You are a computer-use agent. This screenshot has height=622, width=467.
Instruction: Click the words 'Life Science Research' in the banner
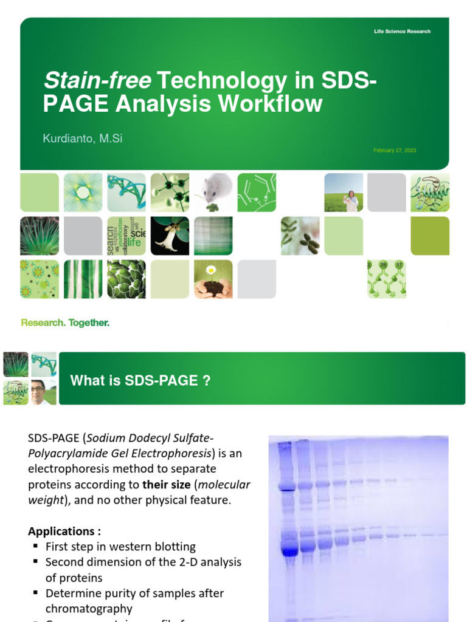[x=402, y=32]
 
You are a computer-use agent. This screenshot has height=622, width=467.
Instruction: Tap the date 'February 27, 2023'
[x=395, y=150]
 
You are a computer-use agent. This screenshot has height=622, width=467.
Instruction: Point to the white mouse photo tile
[x=213, y=192]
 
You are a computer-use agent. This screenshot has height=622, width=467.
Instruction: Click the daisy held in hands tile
[x=213, y=279]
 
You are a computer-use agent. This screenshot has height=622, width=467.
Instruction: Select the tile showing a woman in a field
[x=344, y=192]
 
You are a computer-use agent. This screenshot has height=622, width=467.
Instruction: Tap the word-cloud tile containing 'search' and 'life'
[x=126, y=236]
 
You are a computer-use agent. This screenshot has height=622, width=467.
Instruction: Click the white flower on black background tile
[x=170, y=236]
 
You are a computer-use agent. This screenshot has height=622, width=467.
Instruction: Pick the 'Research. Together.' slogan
[x=65, y=323]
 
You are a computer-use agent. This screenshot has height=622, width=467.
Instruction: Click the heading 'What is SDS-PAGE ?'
[x=140, y=381]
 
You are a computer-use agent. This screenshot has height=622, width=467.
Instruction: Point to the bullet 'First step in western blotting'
[x=120, y=547]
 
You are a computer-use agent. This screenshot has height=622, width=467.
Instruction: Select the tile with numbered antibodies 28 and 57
[x=387, y=279]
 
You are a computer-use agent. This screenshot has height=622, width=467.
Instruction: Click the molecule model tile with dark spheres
[x=170, y=192]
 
